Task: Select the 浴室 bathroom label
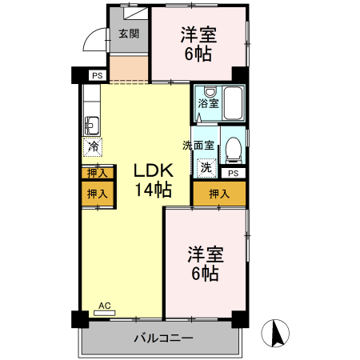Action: tap(208, 104)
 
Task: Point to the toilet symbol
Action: tap(232, 148)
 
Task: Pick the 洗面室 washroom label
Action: tap(198, 146)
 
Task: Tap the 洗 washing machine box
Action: tap(206, 168)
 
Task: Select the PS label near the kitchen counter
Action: tap(97, 76)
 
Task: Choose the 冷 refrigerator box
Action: tap(93, 146)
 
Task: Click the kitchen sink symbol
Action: tap(90, 125)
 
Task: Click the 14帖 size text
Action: tap(151, 190)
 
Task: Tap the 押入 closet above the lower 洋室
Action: tap(218, 194)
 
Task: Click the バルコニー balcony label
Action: tap(162, 339)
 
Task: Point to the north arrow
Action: tap(278, 334)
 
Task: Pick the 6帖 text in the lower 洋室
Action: tap(206, 274)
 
